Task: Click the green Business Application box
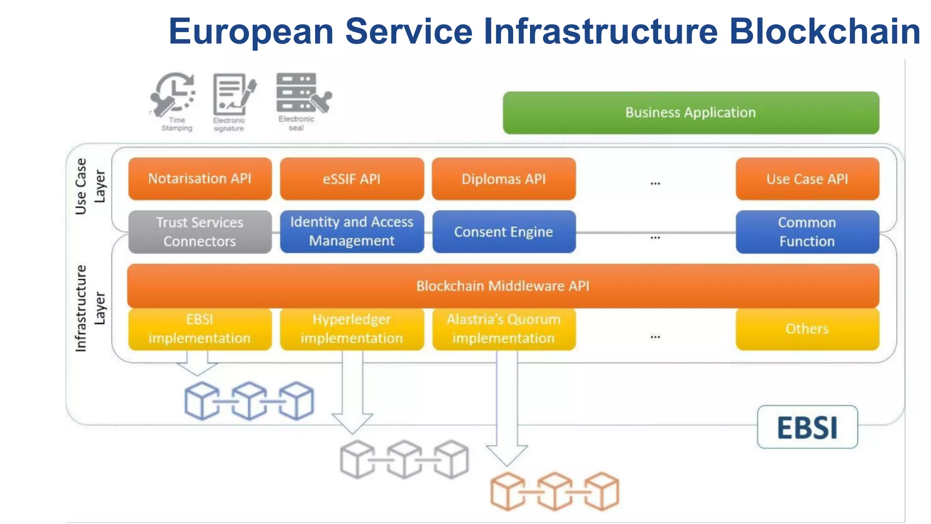(x=691, y=113)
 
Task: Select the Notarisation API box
(x=200, y=179)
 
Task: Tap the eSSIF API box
(x=352, y=179)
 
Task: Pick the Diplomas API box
(x=504, y=179)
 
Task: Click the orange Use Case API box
(x=807, y=179)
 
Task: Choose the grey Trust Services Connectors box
(x=200, y=232)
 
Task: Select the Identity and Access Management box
(x=352, y=232)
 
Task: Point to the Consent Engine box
(x=504, y=232)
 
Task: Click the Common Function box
(x=807, y=232)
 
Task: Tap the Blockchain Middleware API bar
(x=503, y=286)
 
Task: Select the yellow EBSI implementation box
(x=200, y=329)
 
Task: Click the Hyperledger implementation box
(x=352, y=329)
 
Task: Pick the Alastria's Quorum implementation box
(x=504, y=329)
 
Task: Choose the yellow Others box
(x=807, y=329)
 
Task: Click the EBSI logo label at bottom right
(x=807, y=427)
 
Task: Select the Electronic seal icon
(x=302, y=93)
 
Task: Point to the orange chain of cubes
(x=555, y=491)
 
